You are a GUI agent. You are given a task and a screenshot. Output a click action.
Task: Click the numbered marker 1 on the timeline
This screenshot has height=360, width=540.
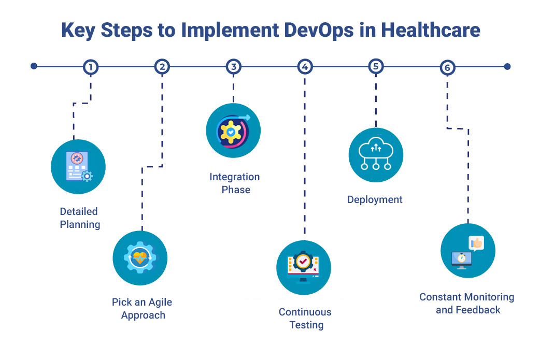[x=91, y=67]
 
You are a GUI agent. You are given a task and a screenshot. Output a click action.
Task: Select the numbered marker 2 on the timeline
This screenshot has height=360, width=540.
[x=162, y=67]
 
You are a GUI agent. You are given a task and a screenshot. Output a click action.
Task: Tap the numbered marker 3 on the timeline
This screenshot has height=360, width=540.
[x=234, y=67]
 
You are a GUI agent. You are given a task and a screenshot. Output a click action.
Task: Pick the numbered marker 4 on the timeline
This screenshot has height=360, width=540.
[x=305, y=67]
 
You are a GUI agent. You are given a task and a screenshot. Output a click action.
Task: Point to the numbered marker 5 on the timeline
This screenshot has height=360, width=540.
[x=376, y=67]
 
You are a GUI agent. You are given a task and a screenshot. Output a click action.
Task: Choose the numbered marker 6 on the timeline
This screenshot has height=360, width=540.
[x=447, y=67]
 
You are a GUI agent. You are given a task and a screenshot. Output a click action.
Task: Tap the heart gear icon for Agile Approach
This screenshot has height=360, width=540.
[x=140, y=258]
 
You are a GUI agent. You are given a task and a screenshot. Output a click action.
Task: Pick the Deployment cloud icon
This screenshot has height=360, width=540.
[x=376, y=155]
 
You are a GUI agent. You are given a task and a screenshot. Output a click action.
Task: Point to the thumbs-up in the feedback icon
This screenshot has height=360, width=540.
[x=476, y=243]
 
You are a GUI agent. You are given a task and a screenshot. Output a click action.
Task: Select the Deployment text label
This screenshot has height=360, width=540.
[x=375, y=200]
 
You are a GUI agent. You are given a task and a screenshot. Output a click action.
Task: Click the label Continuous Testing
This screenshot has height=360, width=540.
[x=305, y=319]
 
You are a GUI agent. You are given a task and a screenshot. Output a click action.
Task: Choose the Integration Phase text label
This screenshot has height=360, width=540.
[x=235, y=183]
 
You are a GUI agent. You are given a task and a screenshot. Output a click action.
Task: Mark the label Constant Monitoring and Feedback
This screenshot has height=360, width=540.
[x=467, y=304]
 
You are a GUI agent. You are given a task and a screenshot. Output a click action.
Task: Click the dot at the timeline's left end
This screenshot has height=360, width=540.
[x=34, y=66]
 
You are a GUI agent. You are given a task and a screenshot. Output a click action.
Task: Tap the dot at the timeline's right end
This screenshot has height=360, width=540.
[x=507, y=66]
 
